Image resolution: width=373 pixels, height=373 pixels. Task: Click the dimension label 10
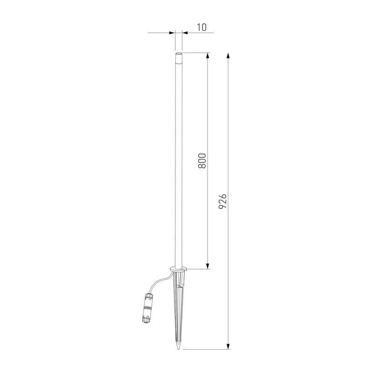(x=202, y=28)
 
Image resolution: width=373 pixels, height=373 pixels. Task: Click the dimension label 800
(x=202, y=161)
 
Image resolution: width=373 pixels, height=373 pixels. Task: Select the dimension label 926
(x=223, y=201)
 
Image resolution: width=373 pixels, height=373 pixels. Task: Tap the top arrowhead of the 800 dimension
(x=207, y=55)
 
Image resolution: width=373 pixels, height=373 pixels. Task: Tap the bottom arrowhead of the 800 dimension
(x=207, y=266)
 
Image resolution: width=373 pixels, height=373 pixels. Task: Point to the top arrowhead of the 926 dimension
(x=228, y=55)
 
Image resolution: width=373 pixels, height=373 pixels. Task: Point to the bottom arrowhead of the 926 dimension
(x=228, y=346)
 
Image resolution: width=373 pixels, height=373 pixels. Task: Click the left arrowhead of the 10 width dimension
(x=172, y=33)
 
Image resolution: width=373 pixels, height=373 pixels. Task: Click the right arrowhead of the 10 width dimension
(x=185, y=33)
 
